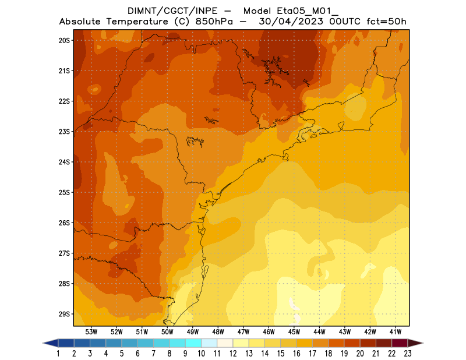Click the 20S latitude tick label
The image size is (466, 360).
64,40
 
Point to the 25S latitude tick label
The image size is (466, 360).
64,192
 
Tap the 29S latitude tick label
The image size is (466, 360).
64,314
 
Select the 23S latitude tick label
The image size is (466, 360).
64,132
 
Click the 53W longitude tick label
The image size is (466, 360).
91,331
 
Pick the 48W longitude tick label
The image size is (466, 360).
218,331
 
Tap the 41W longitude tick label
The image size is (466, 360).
396,331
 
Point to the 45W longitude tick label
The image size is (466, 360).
294,331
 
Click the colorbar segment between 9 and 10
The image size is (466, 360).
193,343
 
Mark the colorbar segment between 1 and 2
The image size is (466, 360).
66,343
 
